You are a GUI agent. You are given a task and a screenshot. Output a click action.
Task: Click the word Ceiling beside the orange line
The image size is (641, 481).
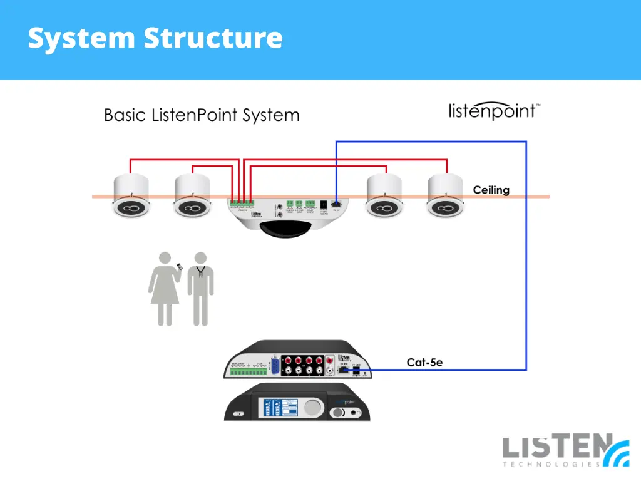491,190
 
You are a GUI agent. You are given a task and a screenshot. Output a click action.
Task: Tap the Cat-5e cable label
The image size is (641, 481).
424,362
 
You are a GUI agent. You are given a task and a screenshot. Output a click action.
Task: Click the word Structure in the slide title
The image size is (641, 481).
213,38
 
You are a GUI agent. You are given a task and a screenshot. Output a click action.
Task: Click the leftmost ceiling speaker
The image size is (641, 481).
131,196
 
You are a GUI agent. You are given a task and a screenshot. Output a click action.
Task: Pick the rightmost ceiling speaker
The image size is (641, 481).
446,196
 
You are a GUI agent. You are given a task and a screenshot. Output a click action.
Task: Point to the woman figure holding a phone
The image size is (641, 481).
164,288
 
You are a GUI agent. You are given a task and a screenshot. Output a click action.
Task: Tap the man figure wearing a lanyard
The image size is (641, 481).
200,288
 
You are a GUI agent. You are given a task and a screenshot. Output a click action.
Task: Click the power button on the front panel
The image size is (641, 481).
238,414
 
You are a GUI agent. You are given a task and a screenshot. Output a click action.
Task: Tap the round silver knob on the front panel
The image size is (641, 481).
313,407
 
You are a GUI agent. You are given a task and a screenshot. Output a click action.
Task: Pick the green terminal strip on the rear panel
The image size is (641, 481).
248,372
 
